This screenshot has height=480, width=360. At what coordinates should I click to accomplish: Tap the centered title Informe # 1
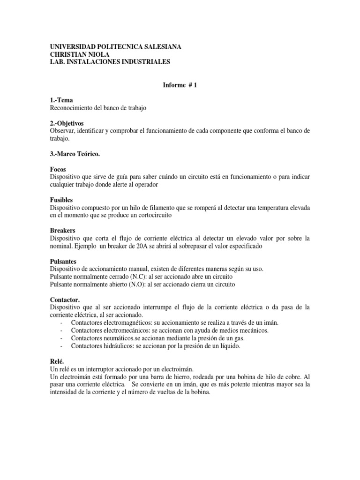pos(180,85)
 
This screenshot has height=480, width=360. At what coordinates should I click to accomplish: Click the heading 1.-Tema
pos(61,100)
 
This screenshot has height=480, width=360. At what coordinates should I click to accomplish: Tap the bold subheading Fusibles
pos(62,199)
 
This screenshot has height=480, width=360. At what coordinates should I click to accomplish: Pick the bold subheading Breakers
pos(62,231)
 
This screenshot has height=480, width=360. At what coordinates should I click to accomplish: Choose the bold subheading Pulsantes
pos(63,261)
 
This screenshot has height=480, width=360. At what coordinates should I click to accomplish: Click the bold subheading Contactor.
pos(65,299)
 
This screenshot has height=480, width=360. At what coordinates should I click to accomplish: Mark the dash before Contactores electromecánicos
pos(62,330)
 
